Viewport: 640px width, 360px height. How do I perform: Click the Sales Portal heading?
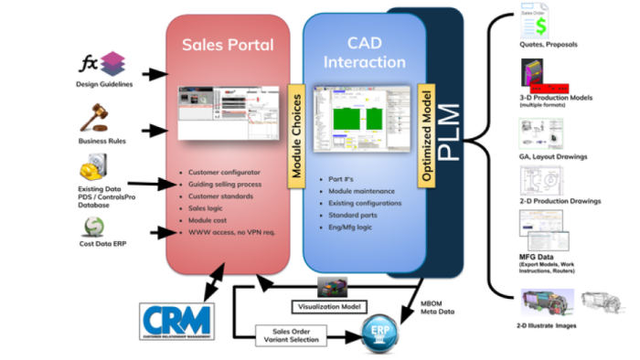point(227,45)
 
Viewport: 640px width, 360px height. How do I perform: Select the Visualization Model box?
point(326,305)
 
